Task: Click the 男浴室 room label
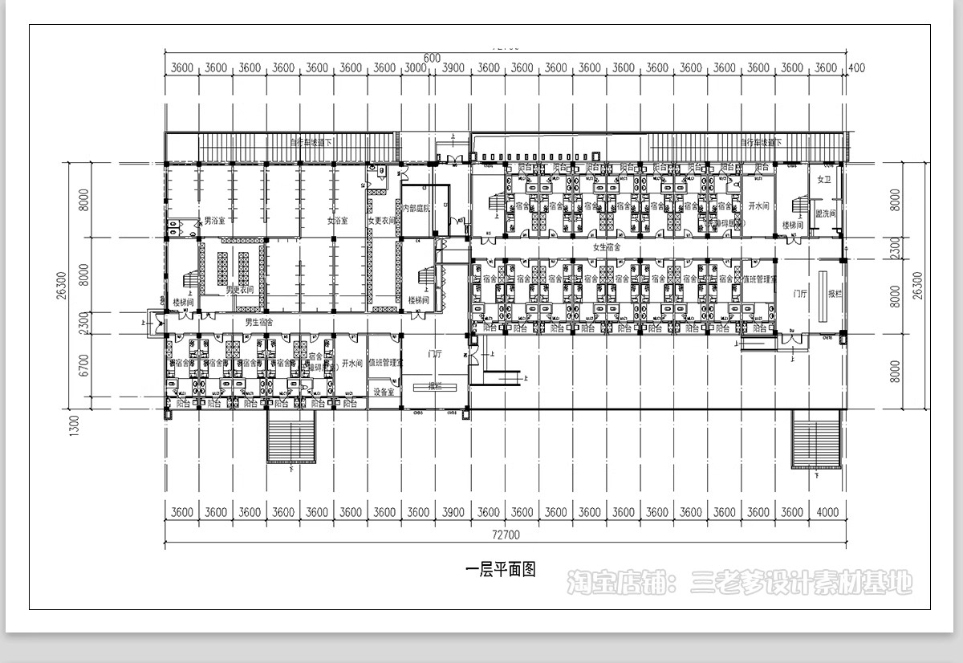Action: pyautogui.click(x=213, y=220)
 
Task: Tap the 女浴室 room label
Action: pyautogui.click(x=337, y=220)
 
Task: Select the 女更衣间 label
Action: pyautogui.click(x=382, y=220)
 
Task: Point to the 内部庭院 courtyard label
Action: pyautogui.click(x=416, y=208)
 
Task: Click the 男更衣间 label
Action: pyautogui.click(x=240, y=289)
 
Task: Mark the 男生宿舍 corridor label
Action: pyautogui.click(x=259, y=322)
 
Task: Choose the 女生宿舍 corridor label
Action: pyautogui.click(x=607, y=247)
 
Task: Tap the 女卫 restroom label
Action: pyautogui.click(x=823, y=179)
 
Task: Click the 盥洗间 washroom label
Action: pyautogui.click(x=826, y=214)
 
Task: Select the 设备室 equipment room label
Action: pyautogui.click(x=384, y=392)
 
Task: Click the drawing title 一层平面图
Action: pyautogui.click(x=500, y=570)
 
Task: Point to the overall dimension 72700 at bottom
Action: pyautogui.click(x=506, y=535)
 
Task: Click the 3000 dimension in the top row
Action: pyautogui.click(x=416, y=68)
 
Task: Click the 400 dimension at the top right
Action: pyautogui.click(x=856, y=68)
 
